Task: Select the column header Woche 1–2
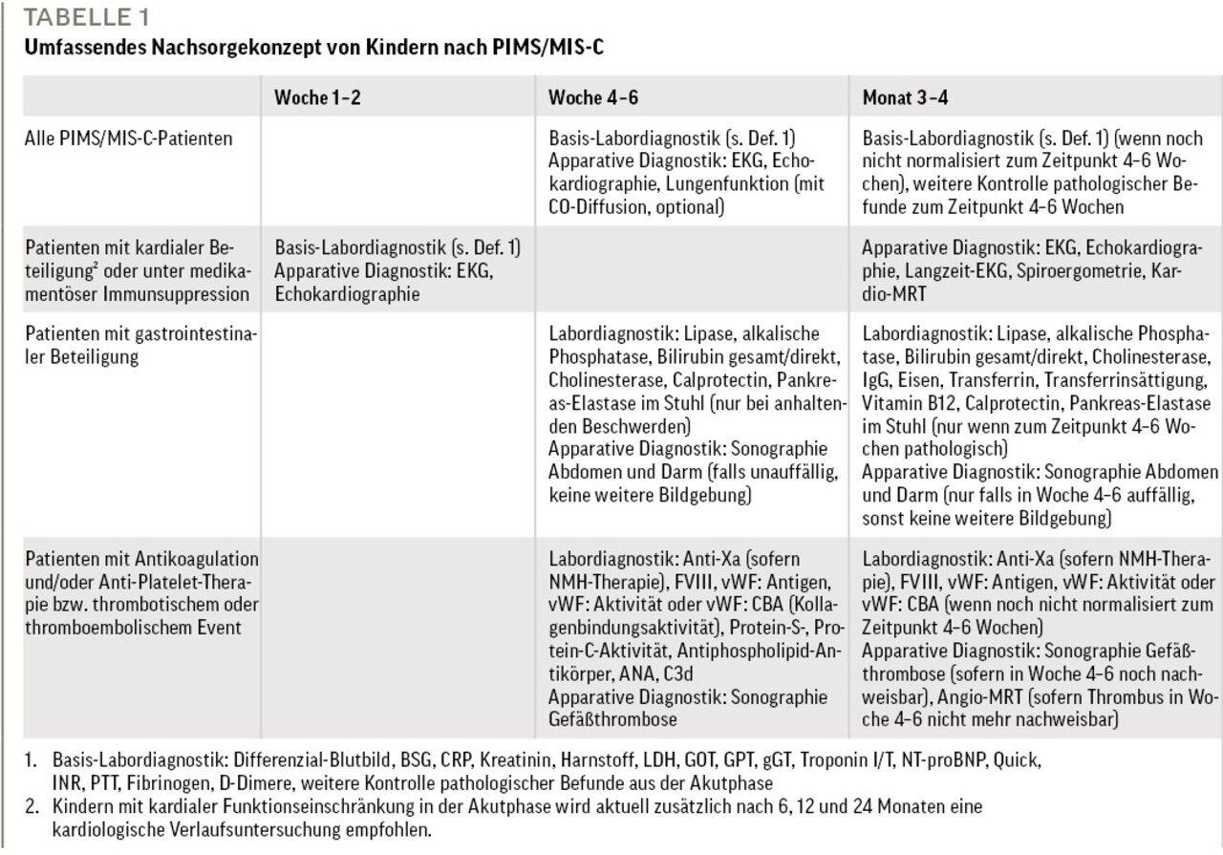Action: point(317,97)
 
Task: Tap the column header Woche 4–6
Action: point(591,97)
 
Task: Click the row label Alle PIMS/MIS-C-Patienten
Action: point(115,139)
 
